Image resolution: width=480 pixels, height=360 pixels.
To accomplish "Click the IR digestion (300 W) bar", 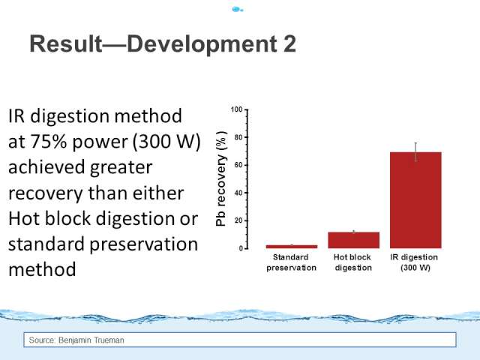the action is [415, 200].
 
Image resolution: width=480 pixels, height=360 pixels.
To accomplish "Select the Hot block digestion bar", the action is [353, 240].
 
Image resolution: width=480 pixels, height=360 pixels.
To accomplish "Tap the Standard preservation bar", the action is [292, 247].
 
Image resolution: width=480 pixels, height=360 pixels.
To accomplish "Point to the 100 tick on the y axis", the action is [237, 109].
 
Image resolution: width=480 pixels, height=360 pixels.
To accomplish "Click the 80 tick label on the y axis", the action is [238, 137].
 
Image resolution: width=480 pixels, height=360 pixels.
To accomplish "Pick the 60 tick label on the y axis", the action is [238, 165].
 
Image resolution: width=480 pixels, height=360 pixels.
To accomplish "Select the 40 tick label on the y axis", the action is [238, 193].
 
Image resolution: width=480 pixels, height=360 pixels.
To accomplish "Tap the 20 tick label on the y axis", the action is [238, 220].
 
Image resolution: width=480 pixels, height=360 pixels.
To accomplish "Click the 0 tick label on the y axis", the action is [241, 248].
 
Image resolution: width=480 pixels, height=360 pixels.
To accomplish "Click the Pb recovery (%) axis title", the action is [221, 178].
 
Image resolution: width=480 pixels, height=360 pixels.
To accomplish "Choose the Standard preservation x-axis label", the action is [291, 262].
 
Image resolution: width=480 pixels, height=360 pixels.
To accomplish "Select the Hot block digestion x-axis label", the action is [353, 262].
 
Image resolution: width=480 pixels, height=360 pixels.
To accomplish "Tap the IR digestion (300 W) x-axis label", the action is [415, 262].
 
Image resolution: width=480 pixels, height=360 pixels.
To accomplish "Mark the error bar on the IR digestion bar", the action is [415, 152].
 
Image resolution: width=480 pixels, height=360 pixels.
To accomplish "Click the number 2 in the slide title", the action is [289, 43].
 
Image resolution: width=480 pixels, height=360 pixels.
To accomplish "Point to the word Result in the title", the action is [66, 43].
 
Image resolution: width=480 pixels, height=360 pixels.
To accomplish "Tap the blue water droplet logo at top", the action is [237, 10].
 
